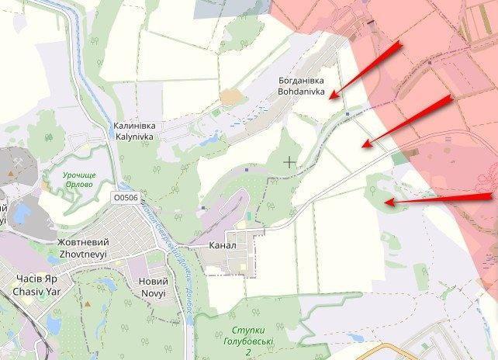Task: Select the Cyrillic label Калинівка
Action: pyautogui.click(x=132, y=125)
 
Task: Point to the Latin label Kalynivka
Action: pyautogui.click(x=132, y=136)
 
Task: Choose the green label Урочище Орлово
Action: pyautogui.click(x=79, y=180)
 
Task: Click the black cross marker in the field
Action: pyautogui.click(x=289, y=162)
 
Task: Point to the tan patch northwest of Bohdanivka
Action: pyautogui.click(x=230, y=96)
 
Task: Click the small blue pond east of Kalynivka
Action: pyautogui.click(x=207, y=140)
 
